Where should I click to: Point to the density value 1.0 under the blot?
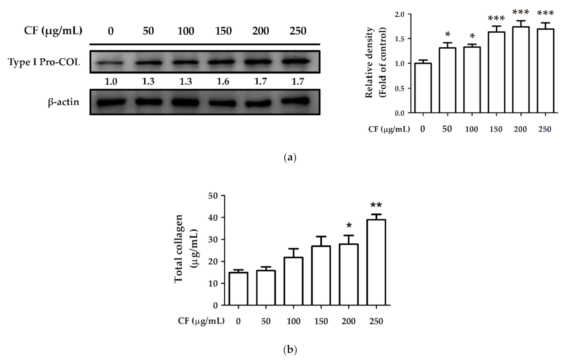[x=111, y=82]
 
